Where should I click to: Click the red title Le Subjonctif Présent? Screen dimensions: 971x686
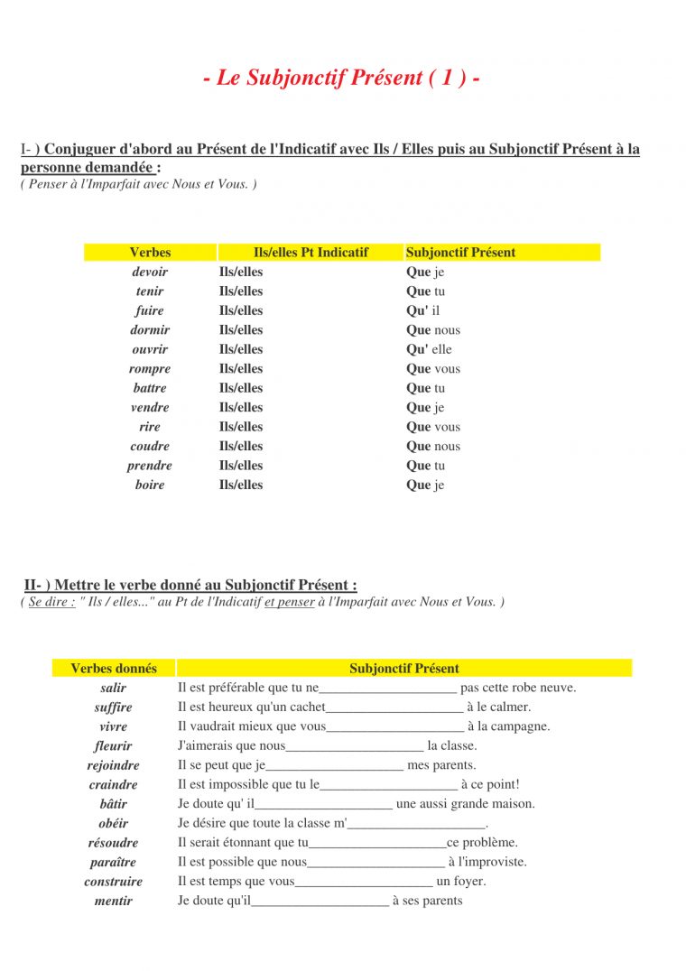coord(341,78)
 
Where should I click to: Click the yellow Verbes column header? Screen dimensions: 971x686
coord(150,253)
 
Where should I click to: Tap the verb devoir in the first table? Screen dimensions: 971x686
coord(150,272)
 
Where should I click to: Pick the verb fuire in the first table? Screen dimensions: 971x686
coord(150,310)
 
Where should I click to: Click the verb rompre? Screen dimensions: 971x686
coord(150,368)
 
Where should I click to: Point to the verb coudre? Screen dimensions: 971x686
coord(150,446)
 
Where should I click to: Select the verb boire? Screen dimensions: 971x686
coord(150,485)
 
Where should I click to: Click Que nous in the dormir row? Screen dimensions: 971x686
coord(433,330)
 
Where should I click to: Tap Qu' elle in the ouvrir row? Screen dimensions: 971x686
coord(430,349)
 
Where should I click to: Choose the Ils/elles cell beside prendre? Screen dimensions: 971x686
coord(241,466)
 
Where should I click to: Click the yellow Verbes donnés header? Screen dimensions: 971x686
coord(114,669)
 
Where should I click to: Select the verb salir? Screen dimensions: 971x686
coord(114,688)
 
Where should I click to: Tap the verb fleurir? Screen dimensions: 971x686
coord(114,745)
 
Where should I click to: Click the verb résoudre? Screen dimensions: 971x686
coord(114,843)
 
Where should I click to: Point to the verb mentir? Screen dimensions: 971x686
coord(114,901)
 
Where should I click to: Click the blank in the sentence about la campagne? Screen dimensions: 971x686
coord(394,727)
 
